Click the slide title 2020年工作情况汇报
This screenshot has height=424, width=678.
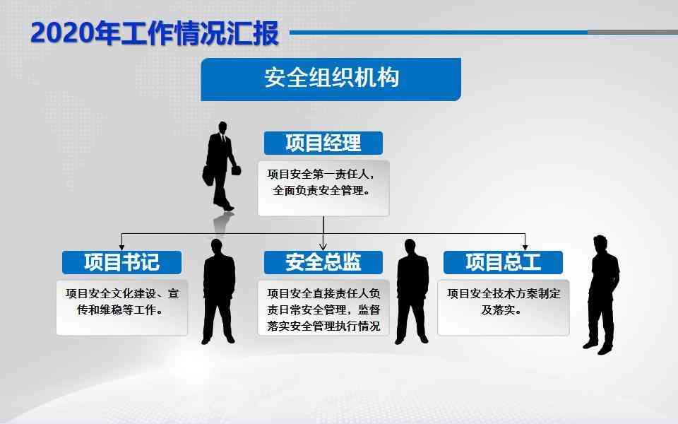155,33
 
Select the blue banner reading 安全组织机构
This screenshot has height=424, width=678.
331,79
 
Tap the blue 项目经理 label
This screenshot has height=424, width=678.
323,143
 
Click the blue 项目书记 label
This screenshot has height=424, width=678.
121,262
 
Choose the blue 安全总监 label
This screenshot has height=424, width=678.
323,262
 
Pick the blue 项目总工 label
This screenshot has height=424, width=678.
504,262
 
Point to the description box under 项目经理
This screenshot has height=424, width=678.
323,188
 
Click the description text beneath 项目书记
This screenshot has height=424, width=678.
122,302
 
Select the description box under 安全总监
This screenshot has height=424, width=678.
323,307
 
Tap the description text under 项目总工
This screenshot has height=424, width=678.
504,302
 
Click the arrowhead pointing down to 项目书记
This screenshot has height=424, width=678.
121,247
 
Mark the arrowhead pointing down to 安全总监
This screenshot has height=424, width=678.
323,247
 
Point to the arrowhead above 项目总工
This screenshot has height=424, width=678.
525,247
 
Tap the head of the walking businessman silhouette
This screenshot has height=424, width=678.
222,127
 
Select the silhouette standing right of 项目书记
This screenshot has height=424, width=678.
219,291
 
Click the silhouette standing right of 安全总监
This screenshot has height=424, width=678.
412,291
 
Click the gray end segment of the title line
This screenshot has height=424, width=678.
633,32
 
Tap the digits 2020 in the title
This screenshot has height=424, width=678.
62,33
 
